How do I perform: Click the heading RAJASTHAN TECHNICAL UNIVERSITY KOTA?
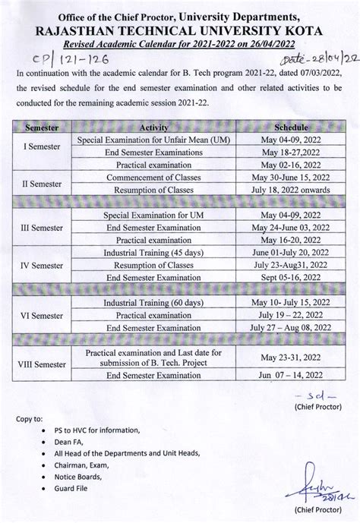coord(180,30)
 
